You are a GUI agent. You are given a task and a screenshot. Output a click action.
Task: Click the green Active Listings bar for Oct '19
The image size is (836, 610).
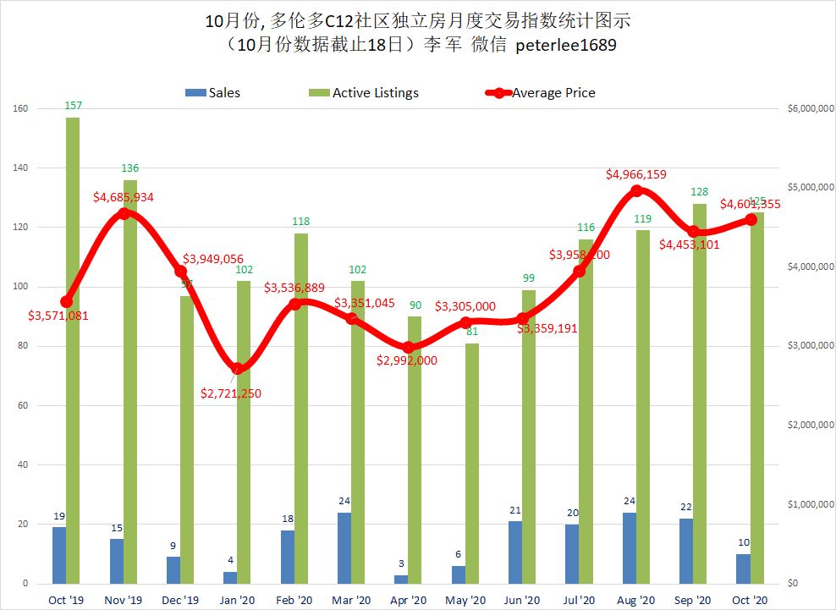click(73, 355)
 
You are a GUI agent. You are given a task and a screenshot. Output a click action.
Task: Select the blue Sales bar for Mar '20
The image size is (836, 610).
click(344, 548)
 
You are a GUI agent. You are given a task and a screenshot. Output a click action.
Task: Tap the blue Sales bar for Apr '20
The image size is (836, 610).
click(401, 580)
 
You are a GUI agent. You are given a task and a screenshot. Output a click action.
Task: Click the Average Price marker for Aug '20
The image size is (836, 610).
click(636, 190)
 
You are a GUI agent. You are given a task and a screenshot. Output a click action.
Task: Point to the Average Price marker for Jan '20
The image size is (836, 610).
click(238, 368)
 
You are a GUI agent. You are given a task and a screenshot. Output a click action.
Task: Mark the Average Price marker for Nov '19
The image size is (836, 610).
click(124, 213)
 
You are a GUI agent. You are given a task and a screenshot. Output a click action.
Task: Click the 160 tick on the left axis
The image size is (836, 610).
click(21, 109)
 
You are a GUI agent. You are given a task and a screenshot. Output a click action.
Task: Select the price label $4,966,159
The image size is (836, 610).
click(636, 174)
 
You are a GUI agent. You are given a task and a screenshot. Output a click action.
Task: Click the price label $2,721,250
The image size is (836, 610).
click(231, 393)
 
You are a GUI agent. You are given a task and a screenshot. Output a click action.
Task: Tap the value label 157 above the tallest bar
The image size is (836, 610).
click(73, 105)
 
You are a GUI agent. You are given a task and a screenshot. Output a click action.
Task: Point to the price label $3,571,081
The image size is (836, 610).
click(58, 316)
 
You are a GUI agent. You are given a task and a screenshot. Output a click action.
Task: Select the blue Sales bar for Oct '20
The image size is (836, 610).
click(743, 569)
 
